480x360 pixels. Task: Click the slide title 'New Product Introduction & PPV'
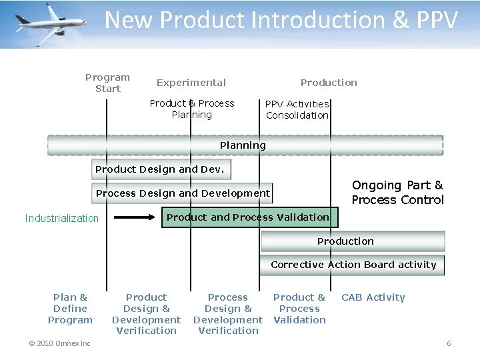(281, 20)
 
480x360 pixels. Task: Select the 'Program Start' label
(107, 83)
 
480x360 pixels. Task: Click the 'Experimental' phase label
(191, 83)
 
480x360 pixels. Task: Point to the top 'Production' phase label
(328, 83)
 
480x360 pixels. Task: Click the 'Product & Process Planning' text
(191, 109)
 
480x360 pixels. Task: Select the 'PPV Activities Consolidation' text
(297, 109)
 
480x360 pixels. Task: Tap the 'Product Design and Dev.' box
(161, 169)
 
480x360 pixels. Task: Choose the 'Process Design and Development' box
(183, 193)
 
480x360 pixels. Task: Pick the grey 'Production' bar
(352, 241)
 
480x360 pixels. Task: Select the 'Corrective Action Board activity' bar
(352, 265)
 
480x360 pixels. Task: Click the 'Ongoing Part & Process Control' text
(397, 193)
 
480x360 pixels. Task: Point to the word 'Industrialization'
(61, 218)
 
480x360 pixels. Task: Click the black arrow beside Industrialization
(137, 217)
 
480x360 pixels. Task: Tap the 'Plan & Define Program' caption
(70, 309)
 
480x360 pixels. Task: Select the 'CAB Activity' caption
(373, 297)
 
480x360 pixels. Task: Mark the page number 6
(449, 343)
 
